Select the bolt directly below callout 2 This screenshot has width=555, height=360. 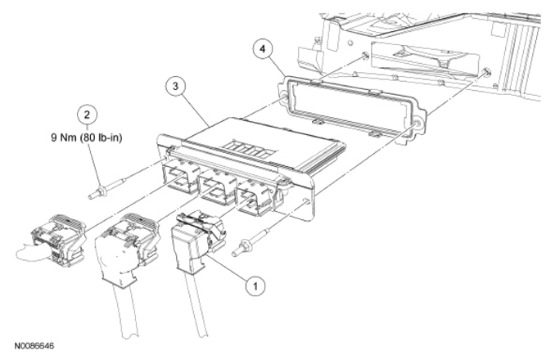(97, 194)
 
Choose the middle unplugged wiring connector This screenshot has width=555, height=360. (125, 234)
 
